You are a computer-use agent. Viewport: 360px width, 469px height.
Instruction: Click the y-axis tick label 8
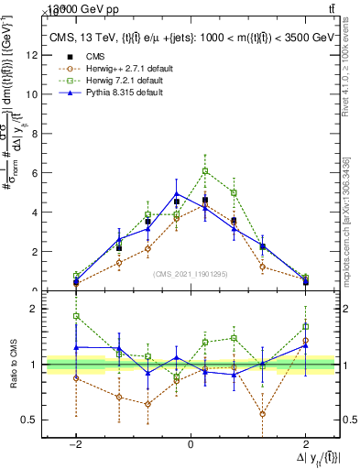(34, 134)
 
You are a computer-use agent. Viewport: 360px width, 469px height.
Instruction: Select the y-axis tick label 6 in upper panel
(34, 173)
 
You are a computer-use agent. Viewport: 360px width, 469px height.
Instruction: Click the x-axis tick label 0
(190, 442)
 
